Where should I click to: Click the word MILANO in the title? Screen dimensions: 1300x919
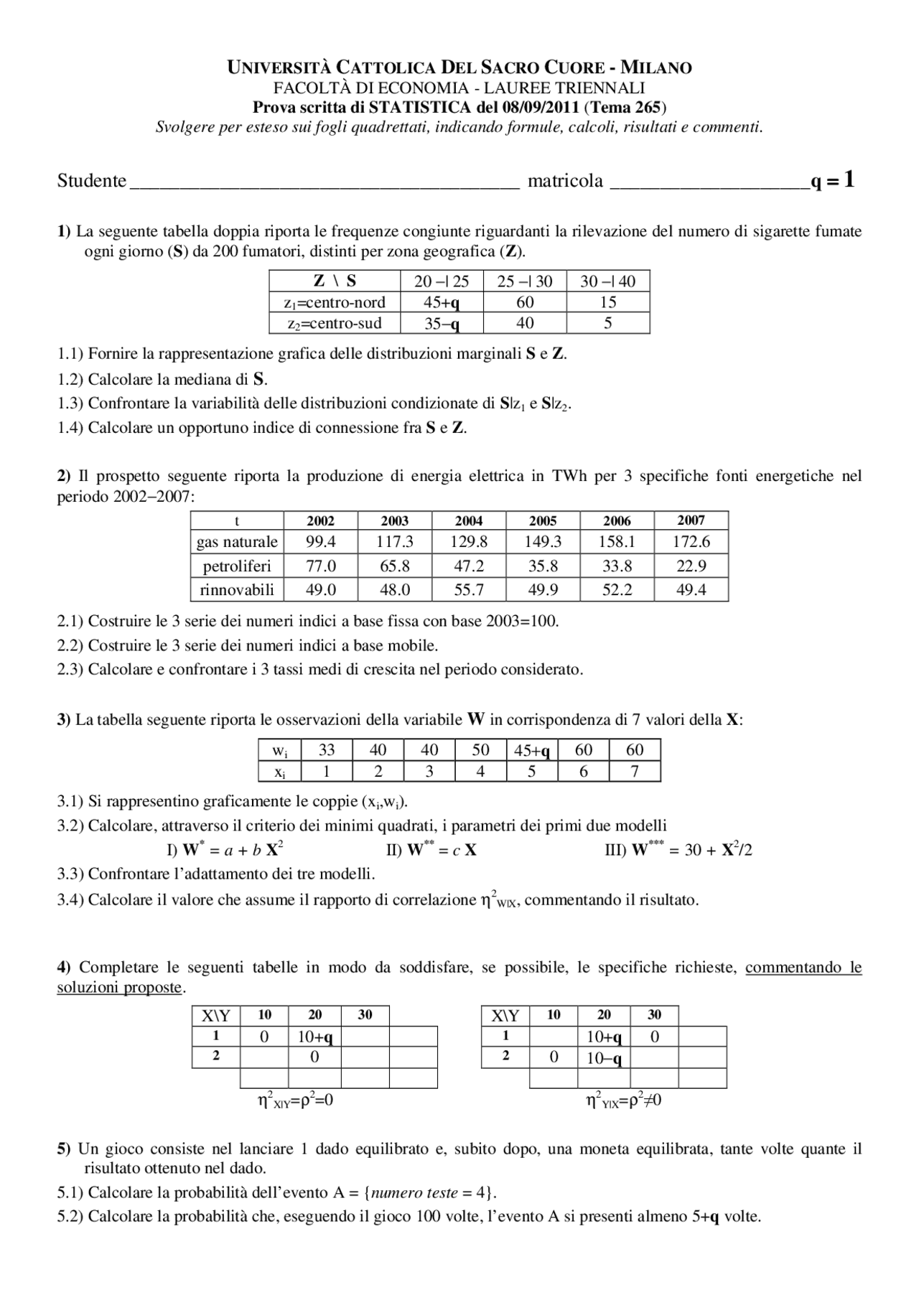tap(656, 68)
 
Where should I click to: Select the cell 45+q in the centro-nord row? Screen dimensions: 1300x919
tap(442, 302)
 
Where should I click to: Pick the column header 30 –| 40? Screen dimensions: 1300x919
tap(607, 281)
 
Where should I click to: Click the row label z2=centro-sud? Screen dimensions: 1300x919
tap(334, 323)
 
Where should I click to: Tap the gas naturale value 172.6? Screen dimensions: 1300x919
tap(691, 542)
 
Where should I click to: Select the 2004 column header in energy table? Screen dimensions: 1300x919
tap(469, 521)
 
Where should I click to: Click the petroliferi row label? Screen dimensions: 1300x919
tap(237, 566)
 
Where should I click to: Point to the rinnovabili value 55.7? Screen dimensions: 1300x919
tap(469, 590)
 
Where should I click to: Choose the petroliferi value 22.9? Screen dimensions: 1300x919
tap(691, 566)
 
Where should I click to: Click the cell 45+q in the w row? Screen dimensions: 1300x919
tap(532, 750)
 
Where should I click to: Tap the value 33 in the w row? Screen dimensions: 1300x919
tap(327, 750)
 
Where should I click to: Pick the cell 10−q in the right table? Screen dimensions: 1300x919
tap(604, 1057)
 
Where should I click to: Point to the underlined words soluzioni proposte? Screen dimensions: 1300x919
tap(119, 988)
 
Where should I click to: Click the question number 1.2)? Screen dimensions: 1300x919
tap(70, 379)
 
